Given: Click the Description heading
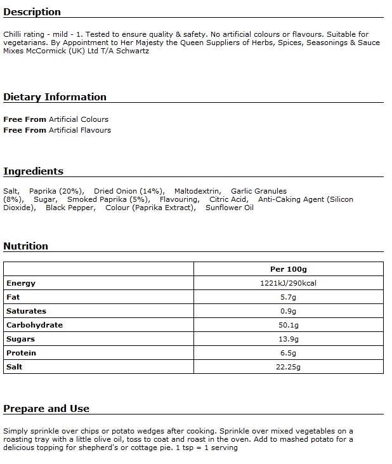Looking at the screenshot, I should coord(32,12).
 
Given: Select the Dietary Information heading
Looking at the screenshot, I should coord(55,97).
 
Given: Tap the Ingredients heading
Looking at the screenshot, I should coord(33,171).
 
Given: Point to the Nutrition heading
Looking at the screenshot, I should coord(25,246).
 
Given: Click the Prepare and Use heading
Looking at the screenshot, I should coord(46,409).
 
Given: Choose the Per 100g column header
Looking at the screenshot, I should coord(288,269).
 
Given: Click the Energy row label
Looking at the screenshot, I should coord(21,283).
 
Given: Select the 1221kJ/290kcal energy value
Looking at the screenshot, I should coord(288,283).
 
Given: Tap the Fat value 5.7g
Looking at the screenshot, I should coord(288,297).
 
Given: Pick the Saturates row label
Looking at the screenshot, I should coord(26,311).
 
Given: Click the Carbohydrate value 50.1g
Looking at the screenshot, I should coord(288,325).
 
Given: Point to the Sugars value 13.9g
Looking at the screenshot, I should coord(288,339).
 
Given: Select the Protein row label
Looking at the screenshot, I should coord(21,353).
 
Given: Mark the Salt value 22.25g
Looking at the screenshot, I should coord(288,367).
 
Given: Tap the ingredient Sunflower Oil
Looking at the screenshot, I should coord(229,208).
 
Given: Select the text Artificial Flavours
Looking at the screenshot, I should coord(80,130).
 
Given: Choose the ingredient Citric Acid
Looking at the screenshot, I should coord(228,199).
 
